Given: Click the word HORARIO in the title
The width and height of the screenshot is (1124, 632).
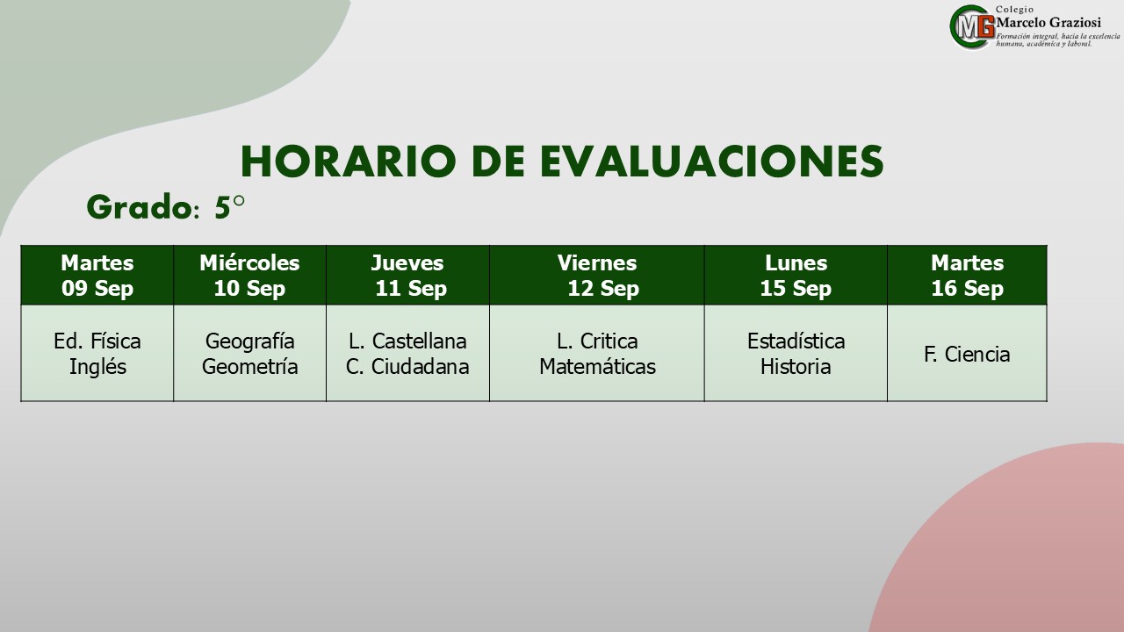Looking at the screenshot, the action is pos(349,162).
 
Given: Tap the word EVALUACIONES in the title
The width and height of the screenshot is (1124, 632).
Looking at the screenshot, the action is pos(711,162).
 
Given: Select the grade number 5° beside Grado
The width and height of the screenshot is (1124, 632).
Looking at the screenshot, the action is pos(230,206).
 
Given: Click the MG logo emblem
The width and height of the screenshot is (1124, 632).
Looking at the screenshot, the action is pos(972,27).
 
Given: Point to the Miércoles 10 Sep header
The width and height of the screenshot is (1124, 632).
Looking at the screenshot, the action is pos(250,276).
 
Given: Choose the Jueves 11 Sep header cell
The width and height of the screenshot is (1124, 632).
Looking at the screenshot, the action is pos(407,276).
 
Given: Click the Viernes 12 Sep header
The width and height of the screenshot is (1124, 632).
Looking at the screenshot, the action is pos(597,276).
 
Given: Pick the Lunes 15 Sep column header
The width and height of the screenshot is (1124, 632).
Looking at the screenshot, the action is pos(796,276).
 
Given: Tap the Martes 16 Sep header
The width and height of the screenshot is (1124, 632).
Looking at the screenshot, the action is pos(967,276).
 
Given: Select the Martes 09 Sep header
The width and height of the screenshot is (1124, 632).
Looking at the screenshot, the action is pos(97,276).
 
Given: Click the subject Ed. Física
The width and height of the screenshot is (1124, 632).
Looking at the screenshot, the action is pos(97,341).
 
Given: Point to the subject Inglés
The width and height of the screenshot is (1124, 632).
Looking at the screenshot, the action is pos(97,367).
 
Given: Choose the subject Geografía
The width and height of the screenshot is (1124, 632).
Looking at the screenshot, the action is pos(250,342).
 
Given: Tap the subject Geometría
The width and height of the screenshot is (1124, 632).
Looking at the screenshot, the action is pos(250,367).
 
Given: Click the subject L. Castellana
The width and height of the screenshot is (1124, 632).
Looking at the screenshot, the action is pos(407,341).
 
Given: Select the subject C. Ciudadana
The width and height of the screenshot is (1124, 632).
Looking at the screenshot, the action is pos(407,367).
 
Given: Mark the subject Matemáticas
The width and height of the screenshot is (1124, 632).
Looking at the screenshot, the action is pos(597,367).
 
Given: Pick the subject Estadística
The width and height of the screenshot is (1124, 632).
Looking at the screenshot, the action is pos(796,341).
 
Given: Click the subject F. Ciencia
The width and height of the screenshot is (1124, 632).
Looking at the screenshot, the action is pos(967,354).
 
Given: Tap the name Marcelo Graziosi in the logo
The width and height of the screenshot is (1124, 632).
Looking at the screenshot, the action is pos(1048,23).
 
